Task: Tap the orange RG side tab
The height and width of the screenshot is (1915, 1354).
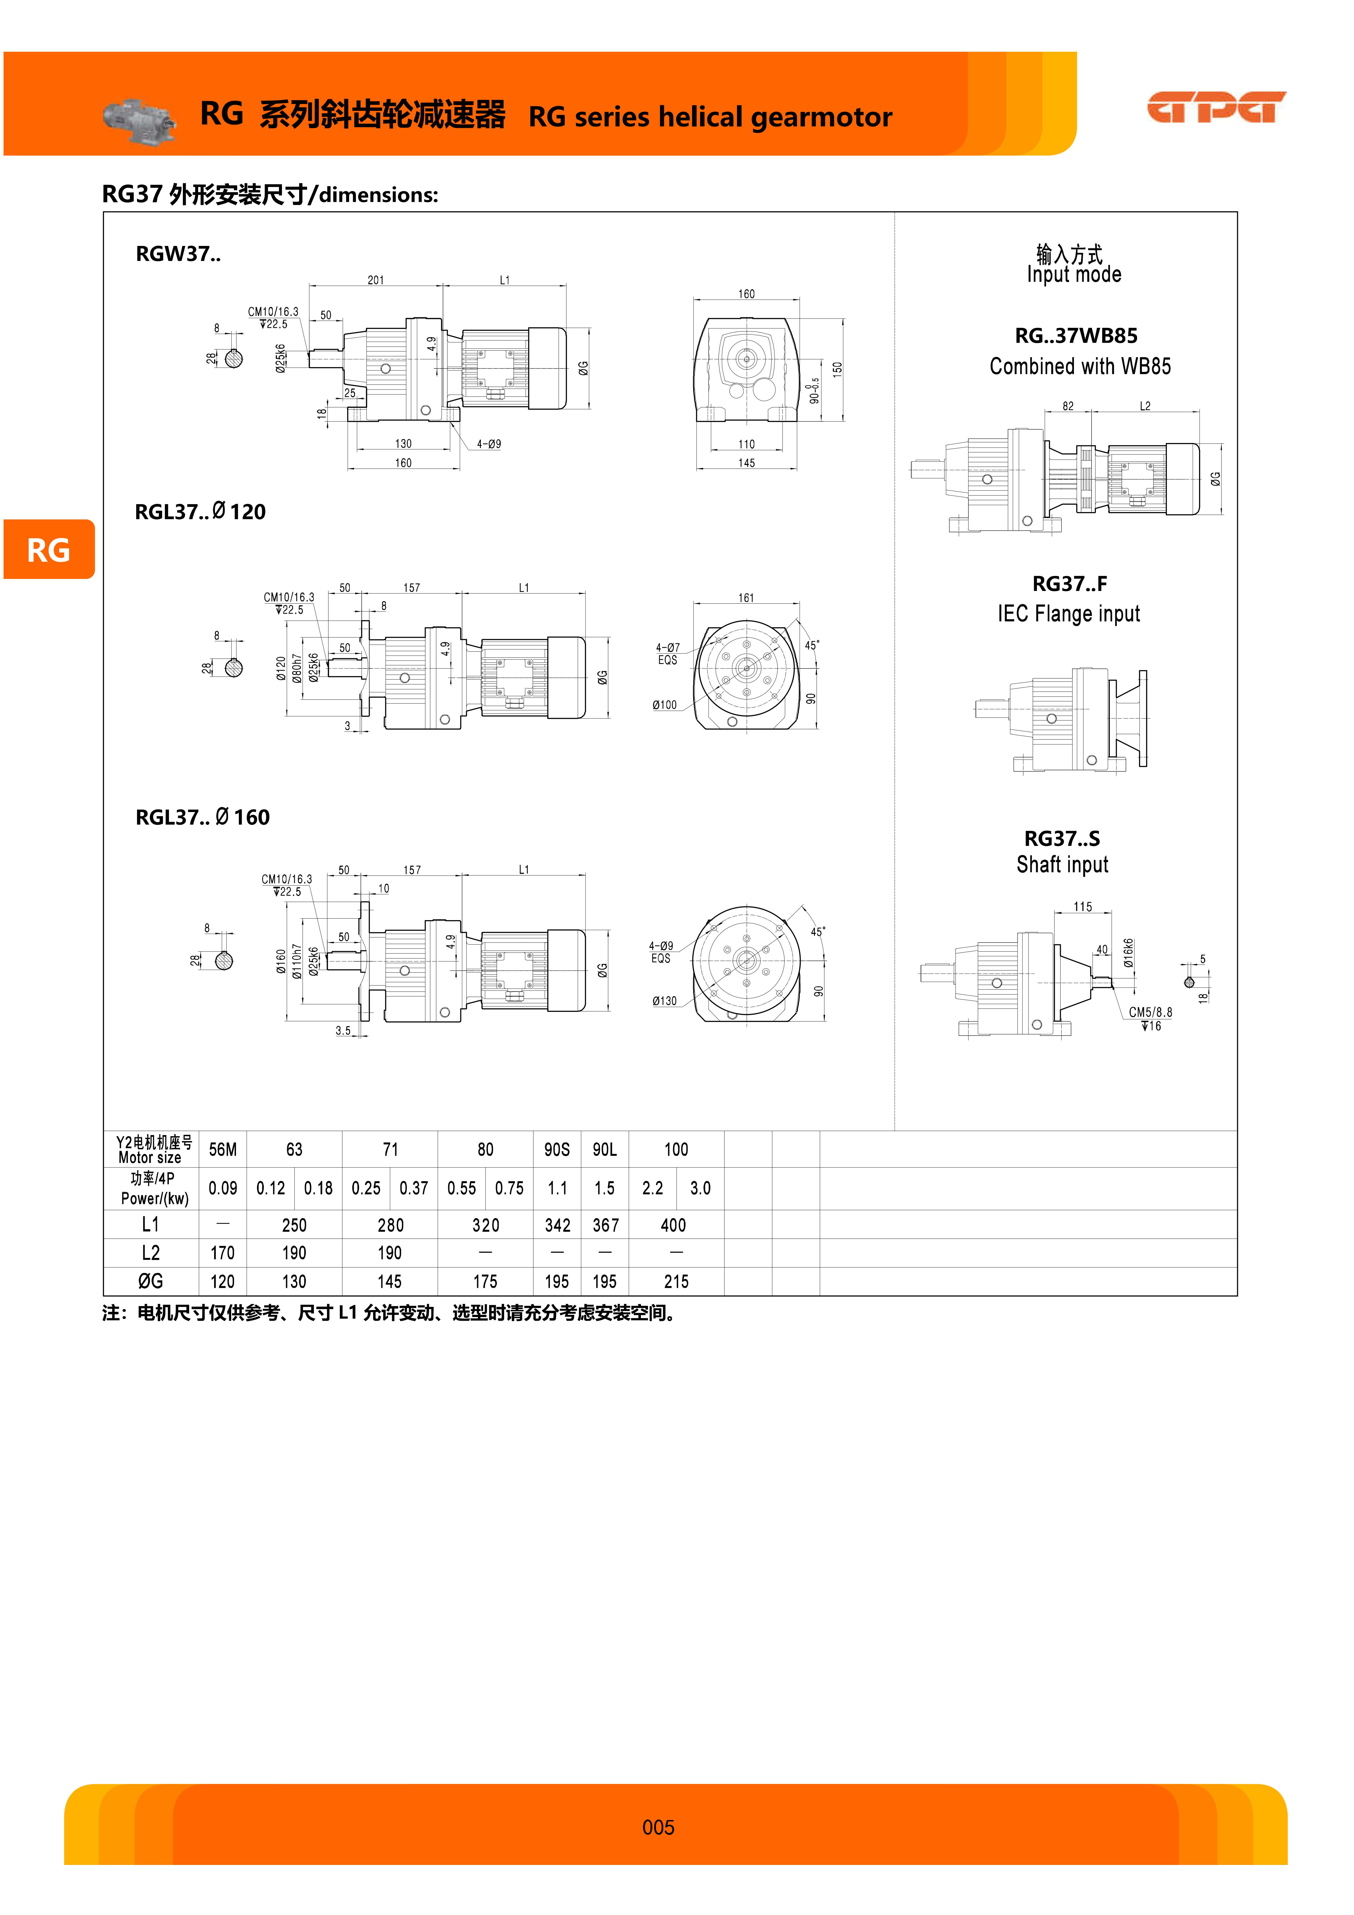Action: tap(48, 550)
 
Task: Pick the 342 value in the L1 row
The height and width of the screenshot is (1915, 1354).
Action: tap(557, 1225)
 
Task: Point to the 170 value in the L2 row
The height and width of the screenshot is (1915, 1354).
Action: tap(223, 1253)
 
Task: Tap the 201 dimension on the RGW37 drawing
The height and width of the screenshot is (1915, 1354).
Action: tap(376, 280)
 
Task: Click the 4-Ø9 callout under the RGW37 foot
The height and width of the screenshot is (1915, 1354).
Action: tap(489, 444)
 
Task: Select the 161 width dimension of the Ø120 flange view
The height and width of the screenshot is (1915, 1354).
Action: tap(746, 598)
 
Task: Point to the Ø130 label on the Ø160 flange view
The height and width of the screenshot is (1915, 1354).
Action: tap(665, 1001)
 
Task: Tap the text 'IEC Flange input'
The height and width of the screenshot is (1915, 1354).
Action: tap(1069, 614)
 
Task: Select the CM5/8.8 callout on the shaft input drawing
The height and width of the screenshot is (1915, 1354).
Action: tap(1150, 1012)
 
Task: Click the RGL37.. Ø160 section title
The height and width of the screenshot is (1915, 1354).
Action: tap(203, 817)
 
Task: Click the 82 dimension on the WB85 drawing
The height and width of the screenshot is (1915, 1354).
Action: tap(1068, 406)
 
